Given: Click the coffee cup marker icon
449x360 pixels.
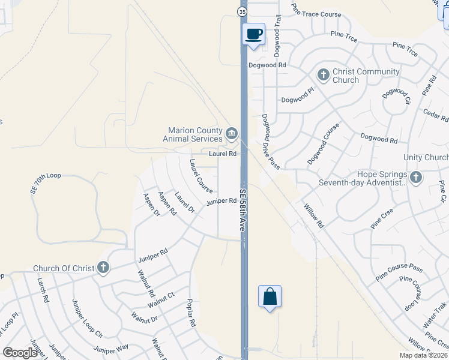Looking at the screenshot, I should [x=253, y=34].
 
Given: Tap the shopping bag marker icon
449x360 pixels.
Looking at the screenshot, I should [x=270, y=296].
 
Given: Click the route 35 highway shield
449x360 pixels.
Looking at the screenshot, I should [x=241, y=11].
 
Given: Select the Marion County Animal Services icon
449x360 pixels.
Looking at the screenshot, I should [x=232, y=133].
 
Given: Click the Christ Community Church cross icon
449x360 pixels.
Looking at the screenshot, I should [x=323, y=74].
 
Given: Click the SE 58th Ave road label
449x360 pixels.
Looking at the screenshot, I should [x=243, y=210].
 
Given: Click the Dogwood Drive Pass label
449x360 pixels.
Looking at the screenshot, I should [x=271, y=142].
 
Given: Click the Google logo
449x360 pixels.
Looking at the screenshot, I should [x=20, y=353].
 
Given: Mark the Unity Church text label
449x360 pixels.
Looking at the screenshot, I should [x=426, y=157].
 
